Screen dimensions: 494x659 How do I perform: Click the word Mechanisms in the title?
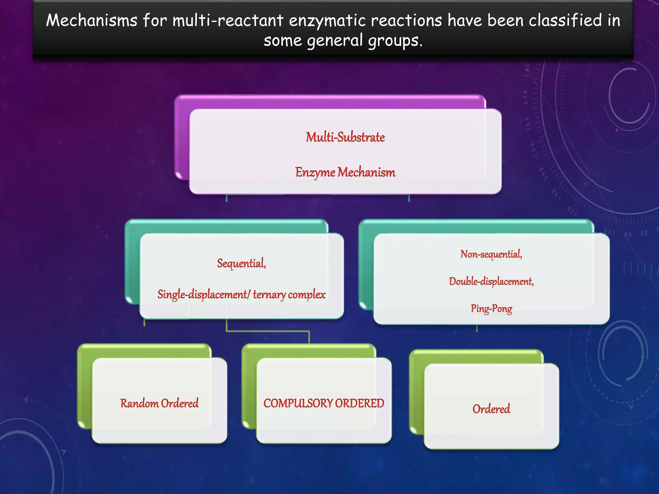pos(92,21)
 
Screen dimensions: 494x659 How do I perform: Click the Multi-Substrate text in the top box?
pos(345,137)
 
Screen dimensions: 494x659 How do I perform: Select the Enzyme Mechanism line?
pos(345,172)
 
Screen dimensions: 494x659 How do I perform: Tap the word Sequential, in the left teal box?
pos(242,263)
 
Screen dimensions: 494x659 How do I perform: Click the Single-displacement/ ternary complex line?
pos(241,295)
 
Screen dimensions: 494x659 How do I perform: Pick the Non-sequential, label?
pos(491,254)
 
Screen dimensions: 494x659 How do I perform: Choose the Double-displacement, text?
pos(491,282)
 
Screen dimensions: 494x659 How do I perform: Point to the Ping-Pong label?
pos(491,309)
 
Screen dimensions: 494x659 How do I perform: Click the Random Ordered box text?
pos(159,403)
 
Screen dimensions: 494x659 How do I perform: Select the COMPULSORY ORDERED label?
pos(324,403)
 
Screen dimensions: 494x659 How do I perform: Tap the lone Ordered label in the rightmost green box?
pos(491,409)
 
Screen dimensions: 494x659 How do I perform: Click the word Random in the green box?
pos(139,403)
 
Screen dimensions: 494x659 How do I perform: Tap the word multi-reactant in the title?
pos(228,21)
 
